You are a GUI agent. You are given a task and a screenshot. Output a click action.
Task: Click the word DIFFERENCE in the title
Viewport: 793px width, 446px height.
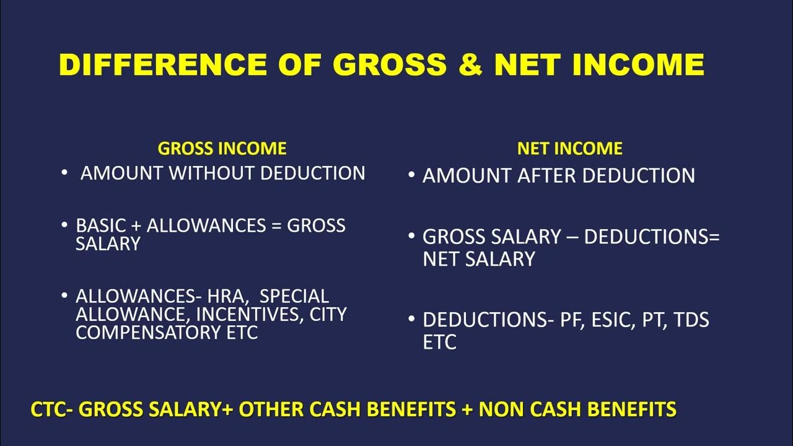tap(163, 65)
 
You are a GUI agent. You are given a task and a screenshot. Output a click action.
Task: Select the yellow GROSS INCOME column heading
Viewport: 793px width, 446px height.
tap(222, 149)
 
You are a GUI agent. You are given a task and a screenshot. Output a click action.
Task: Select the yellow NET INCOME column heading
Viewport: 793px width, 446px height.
tap(570, 149)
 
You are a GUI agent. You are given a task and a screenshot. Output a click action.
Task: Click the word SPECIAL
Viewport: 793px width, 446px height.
tap(294, 296)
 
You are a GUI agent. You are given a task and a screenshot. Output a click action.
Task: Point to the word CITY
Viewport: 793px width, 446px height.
tap(328, 314)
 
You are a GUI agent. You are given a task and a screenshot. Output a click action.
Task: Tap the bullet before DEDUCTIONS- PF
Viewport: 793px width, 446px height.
tap(412, 320)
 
